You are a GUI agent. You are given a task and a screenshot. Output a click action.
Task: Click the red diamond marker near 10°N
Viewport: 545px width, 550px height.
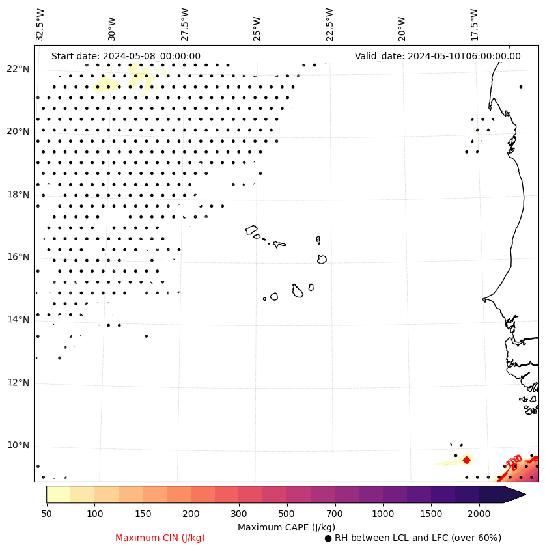(466, 460)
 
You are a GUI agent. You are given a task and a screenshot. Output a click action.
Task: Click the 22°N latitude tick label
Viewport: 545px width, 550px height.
(18, 69)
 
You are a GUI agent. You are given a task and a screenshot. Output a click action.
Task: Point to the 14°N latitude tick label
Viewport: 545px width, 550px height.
(18, 320)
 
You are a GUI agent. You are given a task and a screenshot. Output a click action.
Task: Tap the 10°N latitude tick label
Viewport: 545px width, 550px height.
(18, 446)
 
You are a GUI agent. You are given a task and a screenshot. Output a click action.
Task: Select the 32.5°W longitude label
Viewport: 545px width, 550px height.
(40, 25)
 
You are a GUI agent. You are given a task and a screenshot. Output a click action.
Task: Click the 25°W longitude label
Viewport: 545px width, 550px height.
(257, 25)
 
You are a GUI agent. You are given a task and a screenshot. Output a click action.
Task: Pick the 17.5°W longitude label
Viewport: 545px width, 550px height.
(474, 25)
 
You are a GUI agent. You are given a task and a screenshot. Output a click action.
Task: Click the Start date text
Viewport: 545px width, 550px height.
(126, 56)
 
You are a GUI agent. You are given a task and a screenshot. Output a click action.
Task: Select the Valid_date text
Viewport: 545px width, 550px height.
(438, 56)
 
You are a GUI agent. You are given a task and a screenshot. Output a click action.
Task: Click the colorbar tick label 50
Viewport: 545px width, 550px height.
(46, 514)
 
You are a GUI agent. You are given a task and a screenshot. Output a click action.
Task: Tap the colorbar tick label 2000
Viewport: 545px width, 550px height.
(479, 514)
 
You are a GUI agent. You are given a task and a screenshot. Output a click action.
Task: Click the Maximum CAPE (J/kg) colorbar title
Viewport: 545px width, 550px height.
(286, 527)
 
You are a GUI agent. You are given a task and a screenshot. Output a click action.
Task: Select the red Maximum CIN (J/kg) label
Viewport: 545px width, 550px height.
(160, 538)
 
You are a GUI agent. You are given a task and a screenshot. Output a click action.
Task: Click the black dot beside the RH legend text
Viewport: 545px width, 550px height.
(328, 538)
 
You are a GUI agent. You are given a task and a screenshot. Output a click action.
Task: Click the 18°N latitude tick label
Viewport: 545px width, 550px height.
(18, 195)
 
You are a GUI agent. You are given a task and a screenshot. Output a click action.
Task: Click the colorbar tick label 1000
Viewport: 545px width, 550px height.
(383, 514)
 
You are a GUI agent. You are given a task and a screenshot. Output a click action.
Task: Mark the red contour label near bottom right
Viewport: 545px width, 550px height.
(514, 461)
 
